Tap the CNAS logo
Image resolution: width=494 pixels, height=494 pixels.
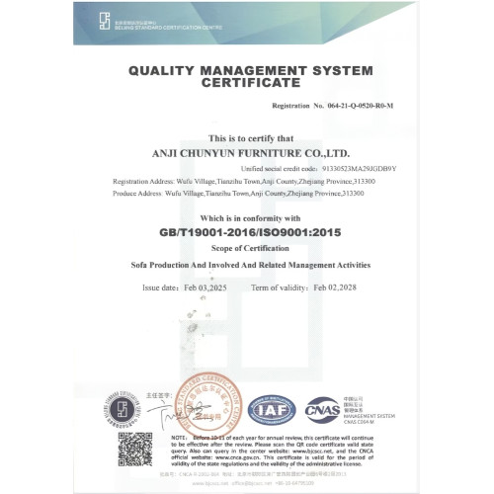pos(321,408)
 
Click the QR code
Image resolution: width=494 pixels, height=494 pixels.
pos(135,451)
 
